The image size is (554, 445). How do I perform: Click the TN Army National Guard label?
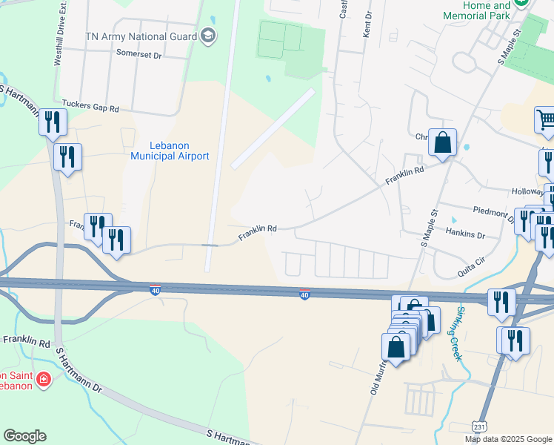140,36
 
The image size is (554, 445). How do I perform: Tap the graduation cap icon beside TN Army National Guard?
208,36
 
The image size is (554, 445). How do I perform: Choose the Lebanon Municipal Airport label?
170,151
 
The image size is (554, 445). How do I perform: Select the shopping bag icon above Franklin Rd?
442,142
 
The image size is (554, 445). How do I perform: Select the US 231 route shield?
480,427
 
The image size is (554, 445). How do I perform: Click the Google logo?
24,436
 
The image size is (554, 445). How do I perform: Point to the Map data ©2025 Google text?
508,439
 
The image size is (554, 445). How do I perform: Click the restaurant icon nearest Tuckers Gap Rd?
52,122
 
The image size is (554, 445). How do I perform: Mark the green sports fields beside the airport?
280,40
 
